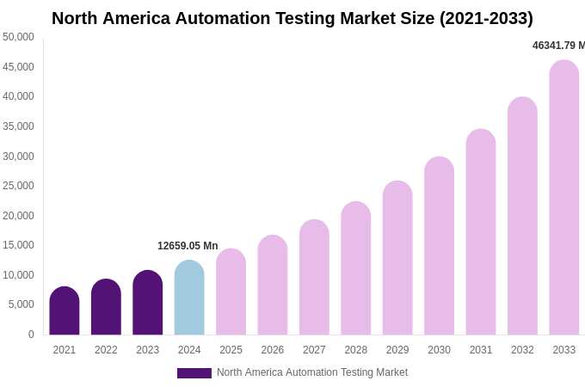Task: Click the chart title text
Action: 292,18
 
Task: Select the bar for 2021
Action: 65,311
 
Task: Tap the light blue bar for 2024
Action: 189,298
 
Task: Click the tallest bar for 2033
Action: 564,198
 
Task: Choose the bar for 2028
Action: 356,268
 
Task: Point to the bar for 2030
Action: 439,246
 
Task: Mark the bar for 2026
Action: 273,286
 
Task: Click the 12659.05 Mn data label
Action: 188,246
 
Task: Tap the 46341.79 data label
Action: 558,46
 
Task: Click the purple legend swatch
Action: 194,373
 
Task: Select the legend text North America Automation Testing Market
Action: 312,372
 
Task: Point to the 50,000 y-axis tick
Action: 19,37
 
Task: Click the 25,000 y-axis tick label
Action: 19,186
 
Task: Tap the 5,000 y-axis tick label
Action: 22,304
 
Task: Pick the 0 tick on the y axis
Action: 31,335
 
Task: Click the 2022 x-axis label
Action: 106,350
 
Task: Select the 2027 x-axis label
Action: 314,350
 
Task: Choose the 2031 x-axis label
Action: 481,350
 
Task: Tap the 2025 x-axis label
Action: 231,350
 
